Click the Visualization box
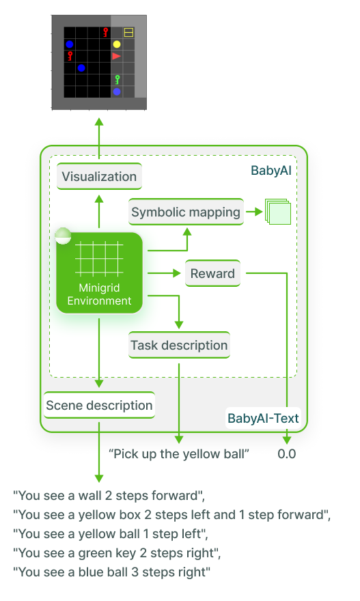(99, 177)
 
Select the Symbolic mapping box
(186, 212)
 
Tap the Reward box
(212, 274)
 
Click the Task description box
(179, 345)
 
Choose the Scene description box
(99, 405)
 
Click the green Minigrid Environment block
(99, 273)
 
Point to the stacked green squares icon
(278, 212)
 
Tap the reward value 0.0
(287, 453)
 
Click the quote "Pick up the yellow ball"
(179, 453)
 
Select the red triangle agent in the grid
(117, 56)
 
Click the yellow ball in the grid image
(117, 44)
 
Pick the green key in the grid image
(117, 80)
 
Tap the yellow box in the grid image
(128, 32)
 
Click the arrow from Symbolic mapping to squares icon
(255, 212)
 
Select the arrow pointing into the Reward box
(168, 274)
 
